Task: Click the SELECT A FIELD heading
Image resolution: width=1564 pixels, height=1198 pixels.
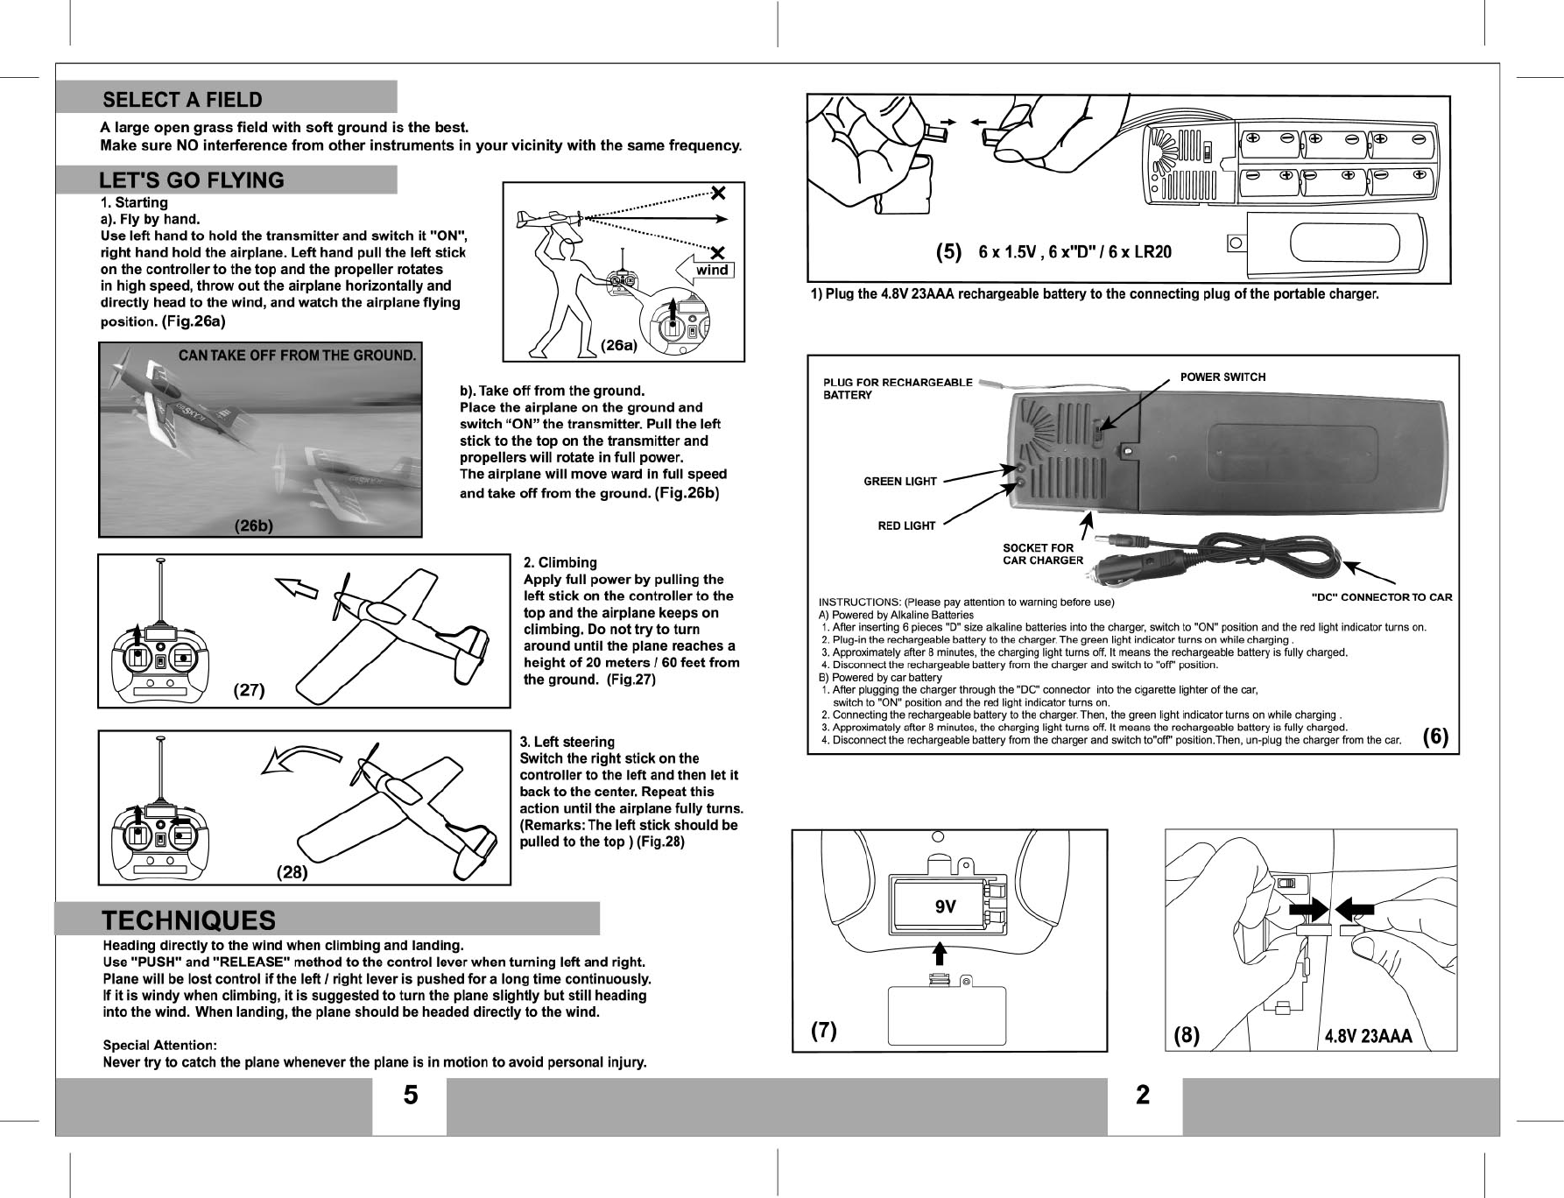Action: coord(182,100)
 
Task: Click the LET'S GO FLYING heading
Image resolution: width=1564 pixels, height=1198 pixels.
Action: coord(191,180)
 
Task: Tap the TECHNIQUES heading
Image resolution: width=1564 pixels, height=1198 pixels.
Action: coord(189,920)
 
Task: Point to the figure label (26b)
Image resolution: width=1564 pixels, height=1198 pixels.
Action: coord(253,526)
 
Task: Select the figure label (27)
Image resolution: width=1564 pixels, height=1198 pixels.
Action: coord(249,690)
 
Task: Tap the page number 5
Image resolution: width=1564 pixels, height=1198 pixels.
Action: coord(410,1096)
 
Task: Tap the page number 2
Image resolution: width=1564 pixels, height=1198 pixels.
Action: coord(1143,1095)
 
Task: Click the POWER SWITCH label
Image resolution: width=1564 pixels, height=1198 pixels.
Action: coord(1222,377)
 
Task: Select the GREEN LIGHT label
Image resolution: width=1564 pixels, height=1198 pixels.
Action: coord(900,482)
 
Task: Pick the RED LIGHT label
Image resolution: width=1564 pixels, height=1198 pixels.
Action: coord(906,526)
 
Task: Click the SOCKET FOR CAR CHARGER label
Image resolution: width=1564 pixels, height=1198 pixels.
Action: coord(1042,554)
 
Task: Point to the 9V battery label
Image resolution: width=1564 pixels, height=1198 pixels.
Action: coord(945,908)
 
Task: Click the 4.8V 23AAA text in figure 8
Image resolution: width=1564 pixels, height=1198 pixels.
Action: coord(1368,1037)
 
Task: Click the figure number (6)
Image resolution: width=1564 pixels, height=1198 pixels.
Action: coord(1435,737)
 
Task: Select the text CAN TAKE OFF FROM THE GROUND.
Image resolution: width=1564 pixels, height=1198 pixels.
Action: coord(297,356)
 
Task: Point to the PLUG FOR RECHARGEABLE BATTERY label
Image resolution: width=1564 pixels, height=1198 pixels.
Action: coord(898,388)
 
